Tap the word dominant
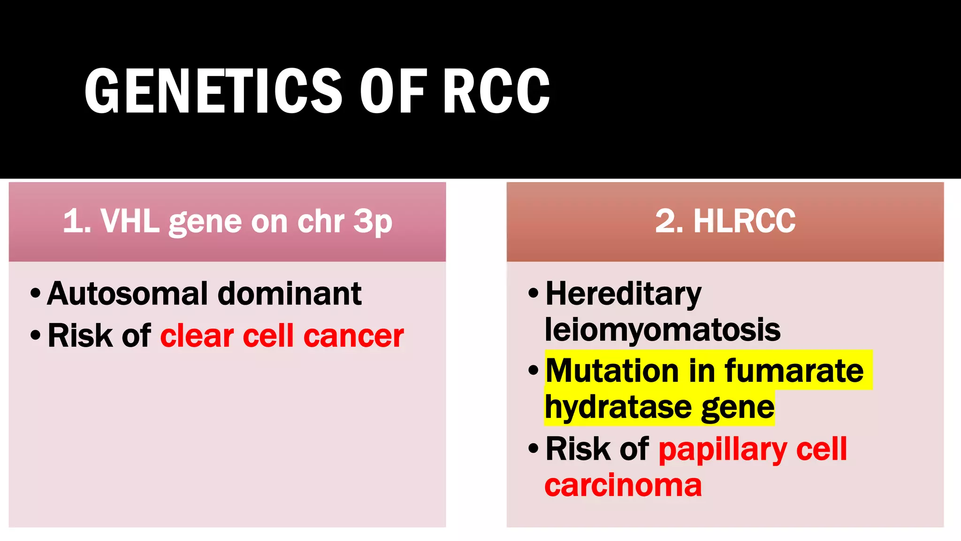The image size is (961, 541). click(290, 294)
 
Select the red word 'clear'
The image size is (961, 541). click(197, 336)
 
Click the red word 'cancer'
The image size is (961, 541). click(353, 336)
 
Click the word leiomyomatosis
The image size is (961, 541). click(662, 330)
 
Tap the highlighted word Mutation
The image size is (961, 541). click(612, 371)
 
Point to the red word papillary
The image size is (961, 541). click(723, 450)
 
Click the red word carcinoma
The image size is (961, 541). click(623, 486)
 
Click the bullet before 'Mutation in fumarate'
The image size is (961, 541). click(533, 371)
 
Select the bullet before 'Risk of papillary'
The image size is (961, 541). click(533, 448)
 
